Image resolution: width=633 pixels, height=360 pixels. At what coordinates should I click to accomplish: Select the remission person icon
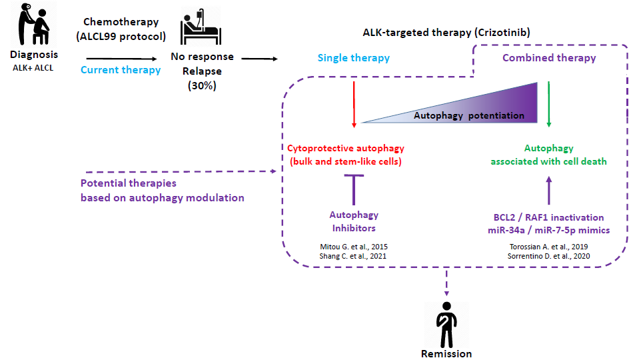(x=446, y=323)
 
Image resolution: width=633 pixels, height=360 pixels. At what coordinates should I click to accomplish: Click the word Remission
(x=446, y=353)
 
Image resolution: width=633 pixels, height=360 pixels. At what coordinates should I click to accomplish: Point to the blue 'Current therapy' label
(x=121, y=69)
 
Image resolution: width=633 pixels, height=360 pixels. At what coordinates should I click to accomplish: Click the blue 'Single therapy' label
(x=354, y=58)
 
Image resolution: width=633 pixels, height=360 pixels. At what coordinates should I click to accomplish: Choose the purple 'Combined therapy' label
(x=549, y=58)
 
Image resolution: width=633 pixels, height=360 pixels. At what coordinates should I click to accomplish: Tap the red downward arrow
(x=354, y=103)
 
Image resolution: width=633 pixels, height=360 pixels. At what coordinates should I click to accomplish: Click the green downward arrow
(x=548, y=103)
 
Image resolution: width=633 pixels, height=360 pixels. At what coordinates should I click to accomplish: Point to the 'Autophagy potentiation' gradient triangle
(x=466, y=107)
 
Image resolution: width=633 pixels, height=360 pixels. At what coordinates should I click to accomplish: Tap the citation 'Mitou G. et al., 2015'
(x=354, y=247)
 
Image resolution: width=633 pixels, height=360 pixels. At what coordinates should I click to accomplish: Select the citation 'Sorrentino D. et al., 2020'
(x=548, y=256)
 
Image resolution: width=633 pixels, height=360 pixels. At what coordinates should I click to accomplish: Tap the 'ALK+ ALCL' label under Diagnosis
(x=33, y=67)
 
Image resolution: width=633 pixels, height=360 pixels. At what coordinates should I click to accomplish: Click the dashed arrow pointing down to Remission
(x=446, y=283)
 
